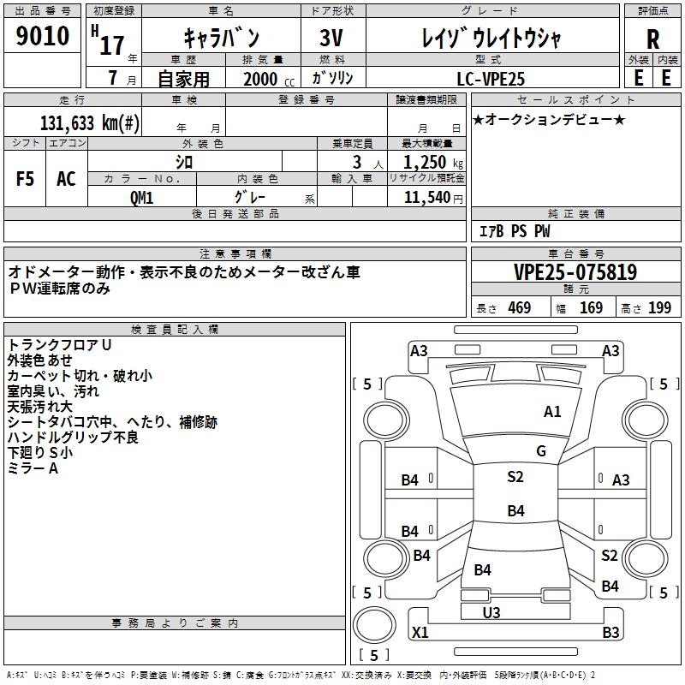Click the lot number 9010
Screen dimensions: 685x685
pos(43,36)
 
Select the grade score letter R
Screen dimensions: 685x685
pos(652,39)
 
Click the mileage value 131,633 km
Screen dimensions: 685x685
pos(90,122)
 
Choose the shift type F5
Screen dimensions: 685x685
pos(25,179)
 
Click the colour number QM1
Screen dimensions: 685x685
pos(142,196)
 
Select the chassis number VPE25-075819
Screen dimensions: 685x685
pos(575,272)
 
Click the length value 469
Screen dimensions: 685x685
pos(519,308)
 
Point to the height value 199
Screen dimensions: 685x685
pos(659,308)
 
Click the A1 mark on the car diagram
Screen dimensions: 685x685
pos(553,412)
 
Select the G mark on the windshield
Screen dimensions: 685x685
pos(541,451)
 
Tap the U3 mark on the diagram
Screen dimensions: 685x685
pos(491,612)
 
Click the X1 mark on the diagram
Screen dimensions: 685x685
pos(420,633)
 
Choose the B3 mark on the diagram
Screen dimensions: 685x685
pos(611,633)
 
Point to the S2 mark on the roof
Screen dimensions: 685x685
pos(515,477)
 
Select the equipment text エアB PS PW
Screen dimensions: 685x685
pos(514,231)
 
